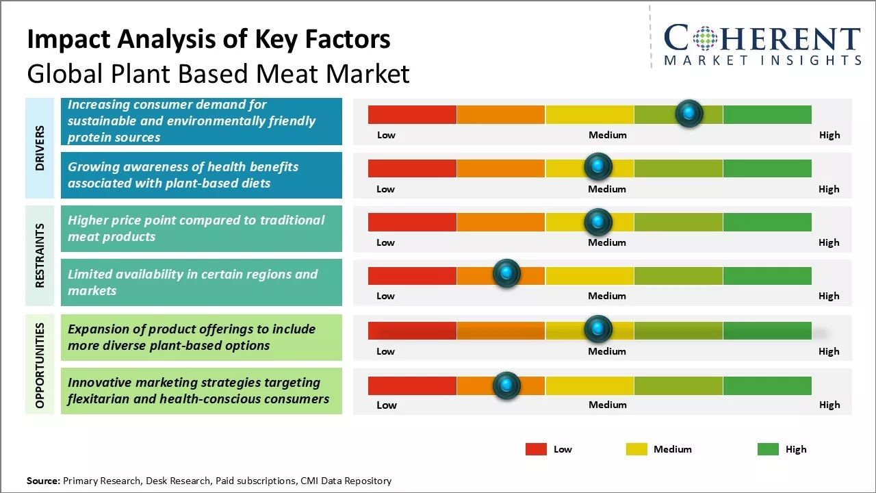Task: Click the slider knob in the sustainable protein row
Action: [x=689, y=113]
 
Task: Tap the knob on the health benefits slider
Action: [x=598, y=166]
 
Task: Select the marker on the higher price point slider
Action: [x=598, y=221]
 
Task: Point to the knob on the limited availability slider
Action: [x=506, y=274]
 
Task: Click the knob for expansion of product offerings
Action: [x=598, y=329]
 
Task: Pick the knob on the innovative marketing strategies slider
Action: [x=506, y=385]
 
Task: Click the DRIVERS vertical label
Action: [x=40, y=148]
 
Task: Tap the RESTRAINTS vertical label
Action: [x=40, y=255]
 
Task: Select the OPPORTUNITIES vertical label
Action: [x=40, y=364]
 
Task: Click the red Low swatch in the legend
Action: [x=536, y=449]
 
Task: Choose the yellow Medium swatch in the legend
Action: [x=636, y=449]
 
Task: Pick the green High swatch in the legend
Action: [x=768, y=449]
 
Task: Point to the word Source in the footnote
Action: [x=43, y=481]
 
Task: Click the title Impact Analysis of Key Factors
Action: [x=209, y=39]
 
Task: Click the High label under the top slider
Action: [x=829, y=135]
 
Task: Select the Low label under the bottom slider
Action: [x=387, y=405]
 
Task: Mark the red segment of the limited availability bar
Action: [x=412, y=275]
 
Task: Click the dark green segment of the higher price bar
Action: [x=766, y=222]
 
